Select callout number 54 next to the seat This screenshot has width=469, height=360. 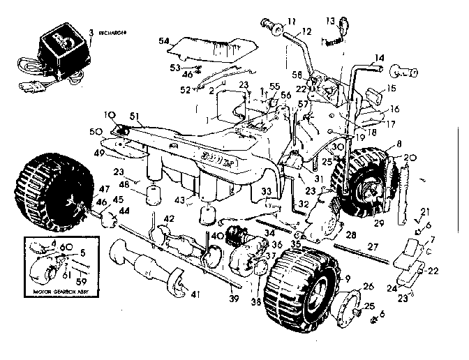click(164, 43)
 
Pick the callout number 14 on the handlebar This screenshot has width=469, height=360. click(380, 57)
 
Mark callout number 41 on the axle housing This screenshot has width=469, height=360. click(194, 294)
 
